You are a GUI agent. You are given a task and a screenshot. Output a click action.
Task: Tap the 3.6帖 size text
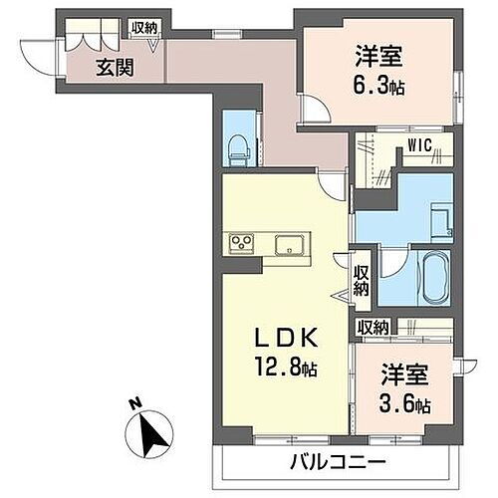pyautogui.click(x=404, y=405)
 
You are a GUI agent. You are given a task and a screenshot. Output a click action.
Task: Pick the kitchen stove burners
pyautogui.click(x=242, y=242)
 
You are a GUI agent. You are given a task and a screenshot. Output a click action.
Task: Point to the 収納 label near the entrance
pyautogui.click(x=143, y=28)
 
